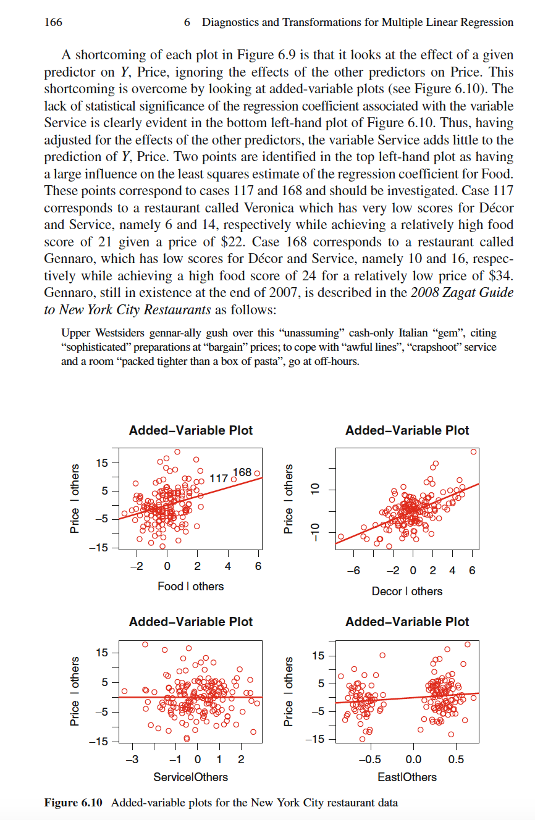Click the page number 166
53,23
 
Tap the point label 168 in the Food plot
242,472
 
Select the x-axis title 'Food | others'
191,586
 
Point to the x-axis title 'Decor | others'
407,591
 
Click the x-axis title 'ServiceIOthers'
190,777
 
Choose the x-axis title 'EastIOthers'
407,777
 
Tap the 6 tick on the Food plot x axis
258,566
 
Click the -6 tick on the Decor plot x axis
353,571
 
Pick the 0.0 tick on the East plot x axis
413,758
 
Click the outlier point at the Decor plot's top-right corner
473,452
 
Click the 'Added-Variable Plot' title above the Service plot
190,622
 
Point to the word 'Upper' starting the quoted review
76,333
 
